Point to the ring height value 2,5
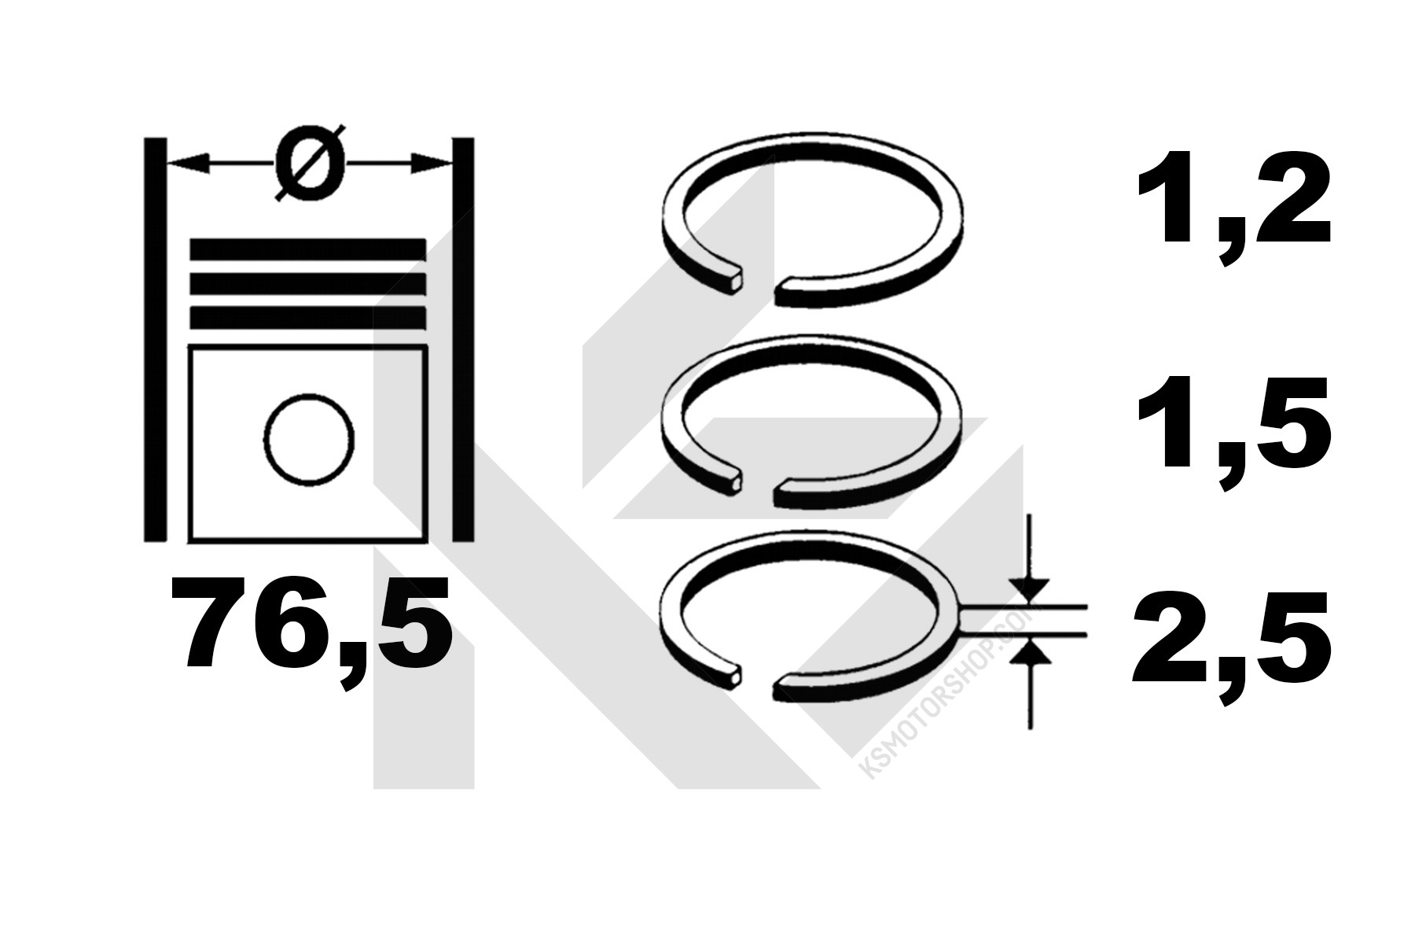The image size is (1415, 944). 1232,649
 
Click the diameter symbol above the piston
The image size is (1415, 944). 310,163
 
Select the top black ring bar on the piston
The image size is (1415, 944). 308,251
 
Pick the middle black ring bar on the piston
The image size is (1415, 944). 308,285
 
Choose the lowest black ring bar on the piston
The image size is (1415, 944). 308,318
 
